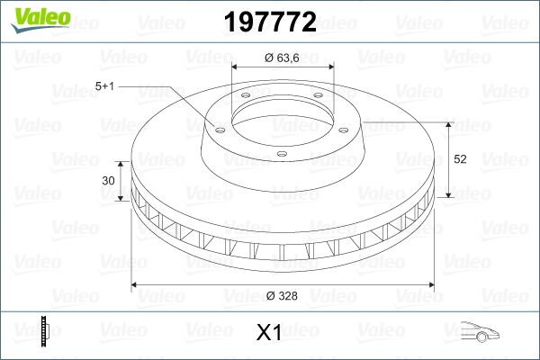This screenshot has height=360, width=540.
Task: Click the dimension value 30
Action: point(108,180)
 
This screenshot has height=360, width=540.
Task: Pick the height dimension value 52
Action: point(460,159)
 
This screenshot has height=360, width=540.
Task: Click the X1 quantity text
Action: point(269,333)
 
